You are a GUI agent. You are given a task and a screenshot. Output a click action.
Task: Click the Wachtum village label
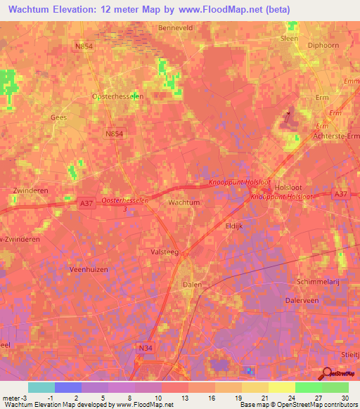point(185,202)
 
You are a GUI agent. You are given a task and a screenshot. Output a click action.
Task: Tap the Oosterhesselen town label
point(118,96)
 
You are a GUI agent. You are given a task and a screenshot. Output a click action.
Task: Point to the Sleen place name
point(290,39)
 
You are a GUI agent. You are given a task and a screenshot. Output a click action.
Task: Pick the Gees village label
point(59,117)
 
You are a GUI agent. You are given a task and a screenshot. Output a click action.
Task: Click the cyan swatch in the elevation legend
point(41,387)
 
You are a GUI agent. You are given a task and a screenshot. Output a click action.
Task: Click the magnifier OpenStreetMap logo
point(328,374)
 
